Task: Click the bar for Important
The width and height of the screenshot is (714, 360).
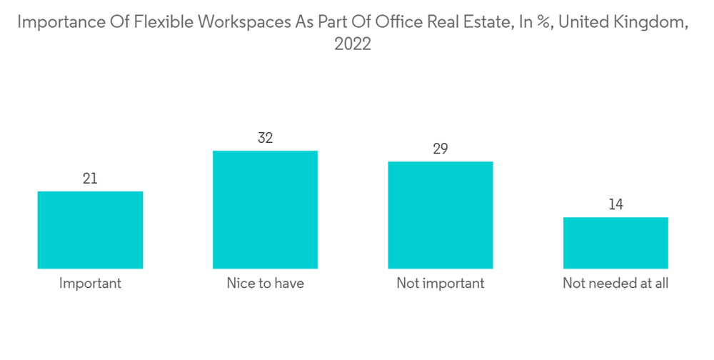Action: point(90,230)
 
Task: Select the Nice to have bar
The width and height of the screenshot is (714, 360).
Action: point(265,210)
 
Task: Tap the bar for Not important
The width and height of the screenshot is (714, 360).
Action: point(441,215)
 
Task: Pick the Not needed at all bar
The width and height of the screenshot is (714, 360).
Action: point(615,243)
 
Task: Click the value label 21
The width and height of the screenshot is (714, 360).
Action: point(90,179)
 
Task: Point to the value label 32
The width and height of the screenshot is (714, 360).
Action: point(265,138)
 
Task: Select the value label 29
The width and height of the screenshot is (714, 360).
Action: point(441,149)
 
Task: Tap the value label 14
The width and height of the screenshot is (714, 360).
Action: point(615,205)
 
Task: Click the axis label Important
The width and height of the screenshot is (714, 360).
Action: point(90,284)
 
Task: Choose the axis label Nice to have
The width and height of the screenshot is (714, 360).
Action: point(265,284)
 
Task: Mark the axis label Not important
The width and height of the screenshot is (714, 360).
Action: point(441,284)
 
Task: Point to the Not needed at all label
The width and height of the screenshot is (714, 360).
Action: point(615,284)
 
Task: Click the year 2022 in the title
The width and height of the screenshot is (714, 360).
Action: point(353,44)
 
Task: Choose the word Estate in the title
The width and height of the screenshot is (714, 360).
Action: point(488,22)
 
